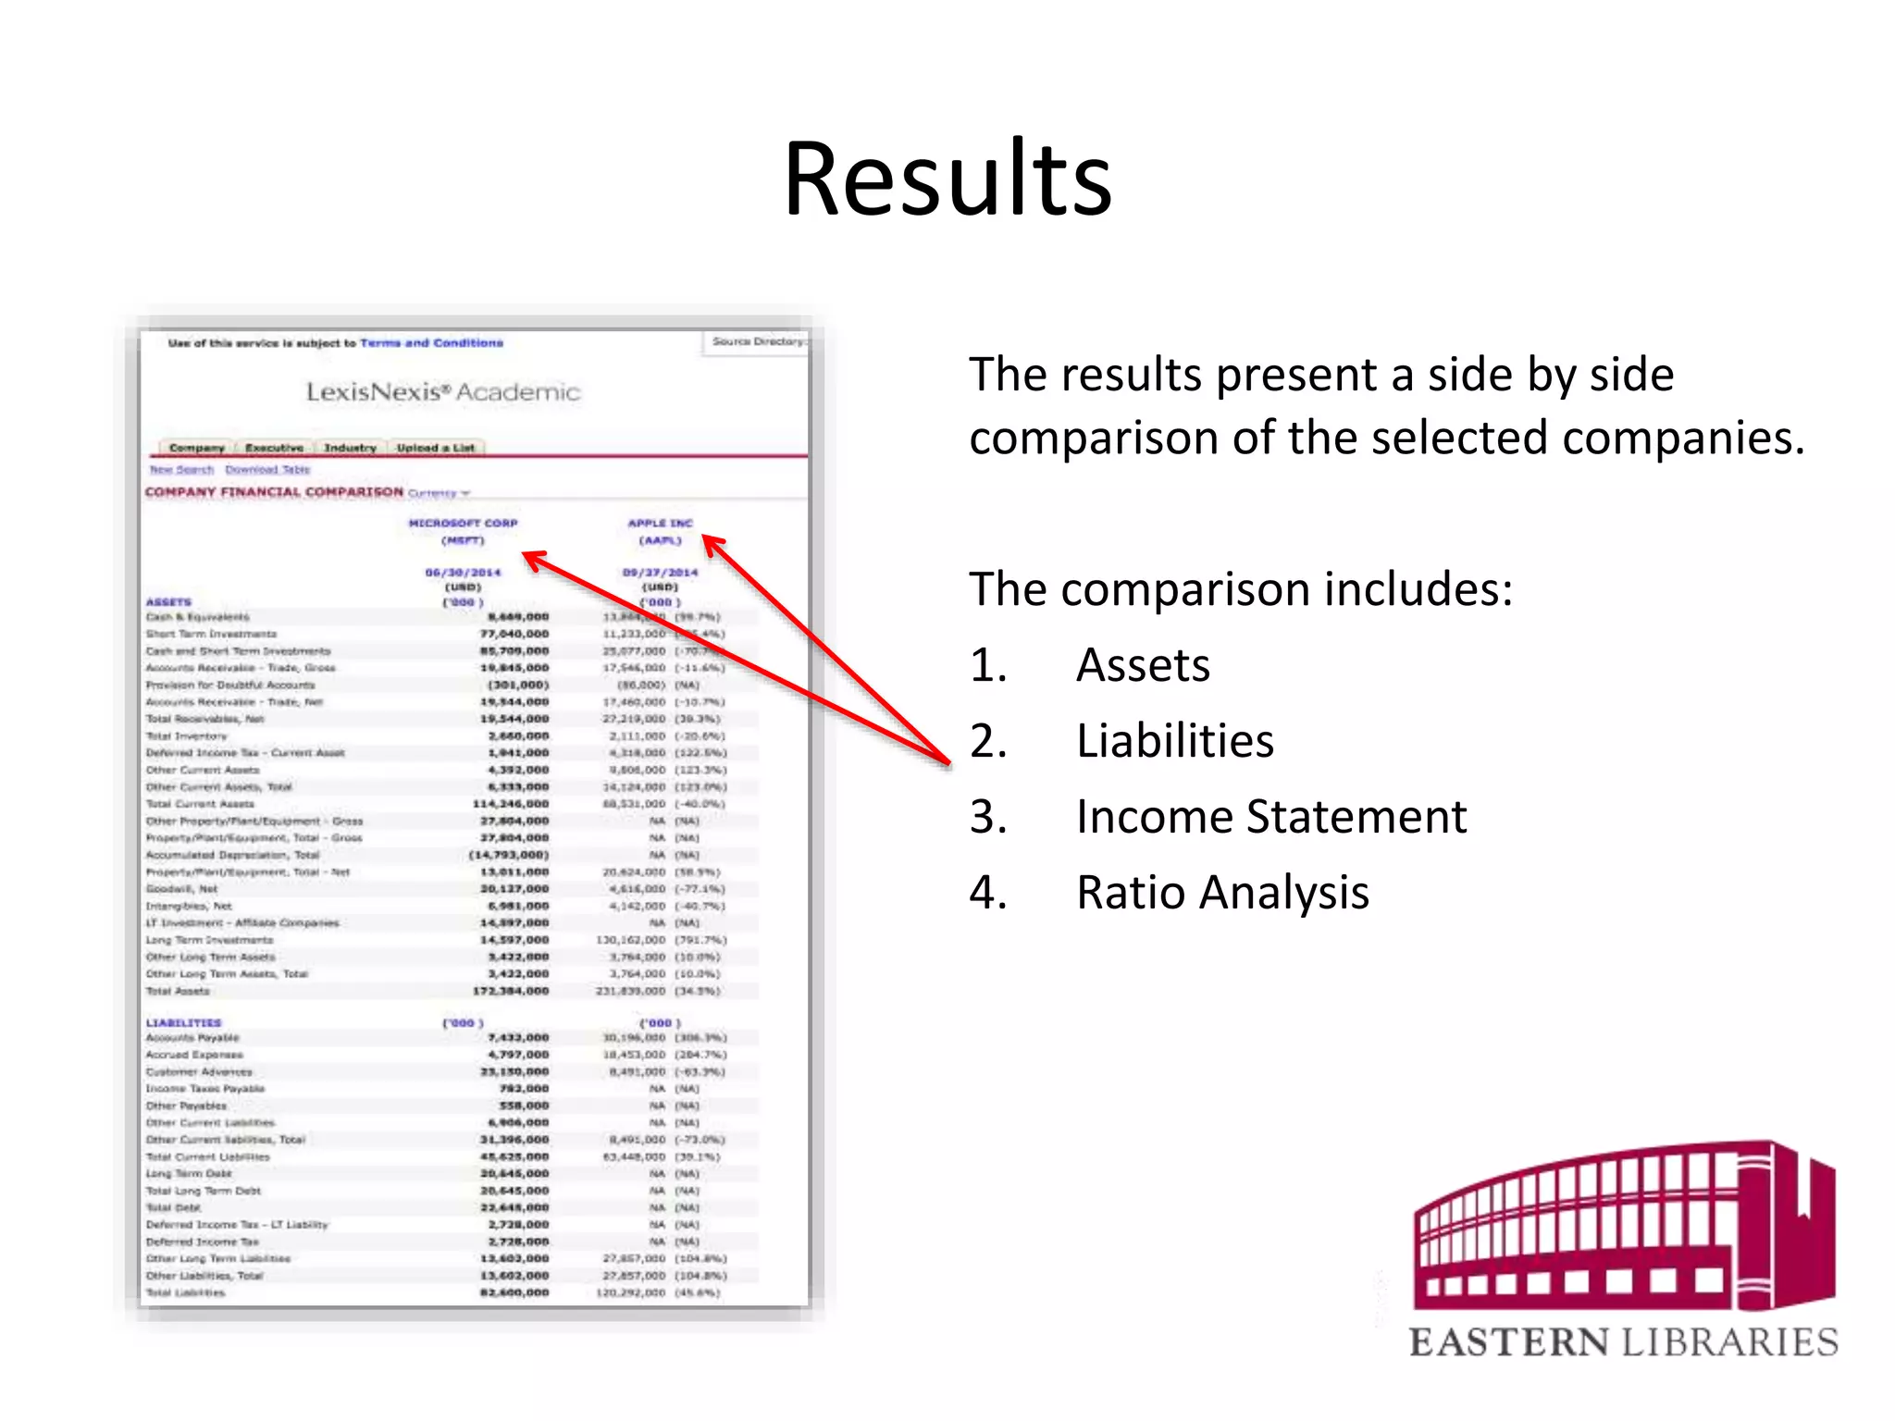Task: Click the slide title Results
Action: (947, 179)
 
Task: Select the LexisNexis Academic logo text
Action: (443, 392)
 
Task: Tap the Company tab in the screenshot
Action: (196, 448)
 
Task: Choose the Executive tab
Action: (274, 448)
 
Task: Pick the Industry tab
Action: (350, 448)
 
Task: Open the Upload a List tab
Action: (435, 448)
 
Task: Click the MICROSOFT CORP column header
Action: (463, 524)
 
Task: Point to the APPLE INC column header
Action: (660, 524)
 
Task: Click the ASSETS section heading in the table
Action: (168, 602)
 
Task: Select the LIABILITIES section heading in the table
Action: (183, 1023)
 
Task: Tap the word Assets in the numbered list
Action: (1143, 665)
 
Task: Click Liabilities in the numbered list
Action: (1175, 741)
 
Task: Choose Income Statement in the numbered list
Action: (1271, 817)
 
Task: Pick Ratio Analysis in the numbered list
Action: (1222, 893)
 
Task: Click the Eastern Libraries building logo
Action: (1624, 1226)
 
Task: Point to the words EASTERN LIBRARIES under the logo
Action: (1624, 1342)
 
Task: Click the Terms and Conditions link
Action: (431, 343)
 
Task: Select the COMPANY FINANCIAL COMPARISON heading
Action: (274, 492)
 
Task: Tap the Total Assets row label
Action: (178, 991)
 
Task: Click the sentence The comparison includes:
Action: (1241, 589)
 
